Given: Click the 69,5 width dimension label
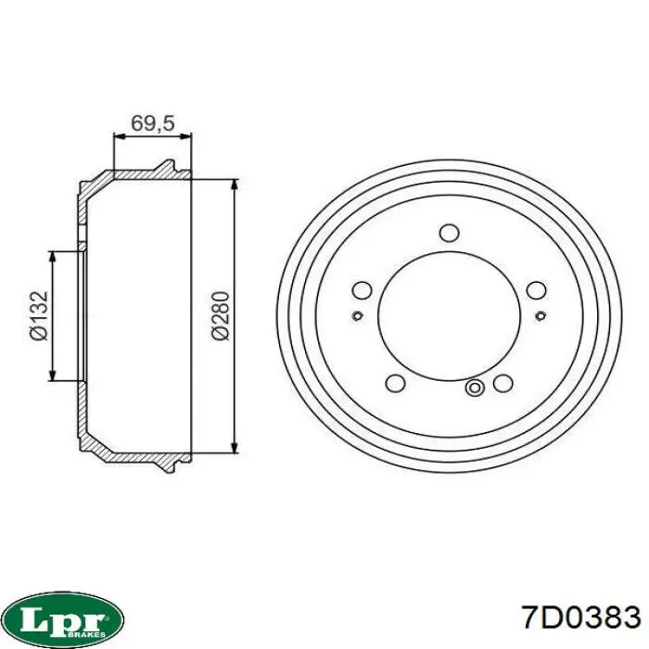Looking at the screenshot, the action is point(153,122).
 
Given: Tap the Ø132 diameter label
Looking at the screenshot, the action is point(39,315).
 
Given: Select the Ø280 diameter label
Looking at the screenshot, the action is point(221,315).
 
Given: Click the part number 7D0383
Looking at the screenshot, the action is point(580,617).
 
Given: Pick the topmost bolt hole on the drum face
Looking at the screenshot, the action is point(449,233).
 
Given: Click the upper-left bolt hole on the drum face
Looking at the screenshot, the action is point(362,290).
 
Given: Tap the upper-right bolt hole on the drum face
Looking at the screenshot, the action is point(537,290).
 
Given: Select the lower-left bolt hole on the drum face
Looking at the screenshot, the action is point(395,383).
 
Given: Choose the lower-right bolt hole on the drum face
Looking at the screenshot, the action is point(503,383).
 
